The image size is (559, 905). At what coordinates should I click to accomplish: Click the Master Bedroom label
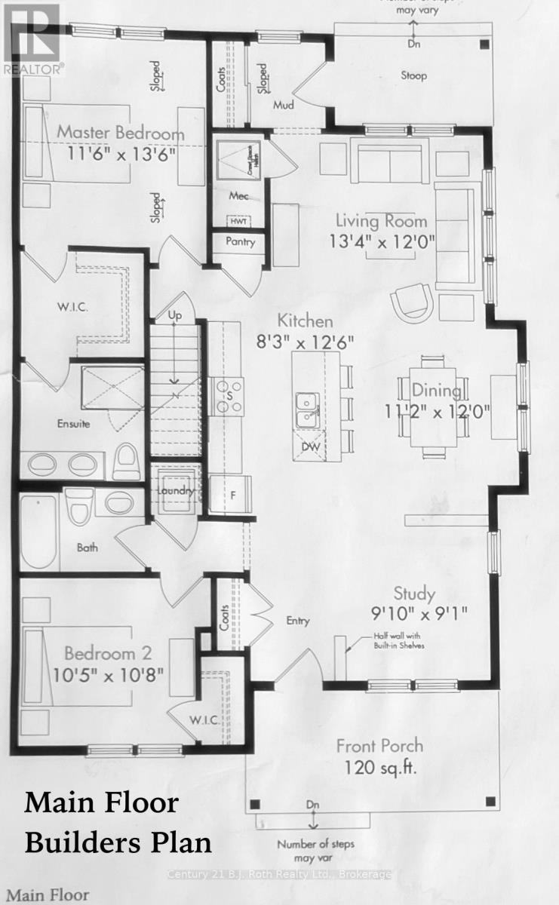pyautogui.click(x=121, y=133)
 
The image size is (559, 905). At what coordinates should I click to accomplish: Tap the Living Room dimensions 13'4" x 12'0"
pyautogui.click(x=381, y=243)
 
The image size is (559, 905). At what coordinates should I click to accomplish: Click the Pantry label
pyautogui.click(x=241, y=243)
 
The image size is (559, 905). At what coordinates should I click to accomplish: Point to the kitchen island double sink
pyautogui.click(x=306, y=410)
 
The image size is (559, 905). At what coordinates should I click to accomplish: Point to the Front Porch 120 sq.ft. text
pyautogui.click(x=379, y=756)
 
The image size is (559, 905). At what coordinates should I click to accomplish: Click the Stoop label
pyautogui.click(x=413, y=75)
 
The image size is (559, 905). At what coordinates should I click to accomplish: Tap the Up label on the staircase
pyautogui.click(x=175, y=314)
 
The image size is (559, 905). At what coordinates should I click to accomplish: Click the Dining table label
pyautogui.click(x=437, y=390)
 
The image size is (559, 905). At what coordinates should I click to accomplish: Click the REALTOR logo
pyautogui.click(x=30, y=38)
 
